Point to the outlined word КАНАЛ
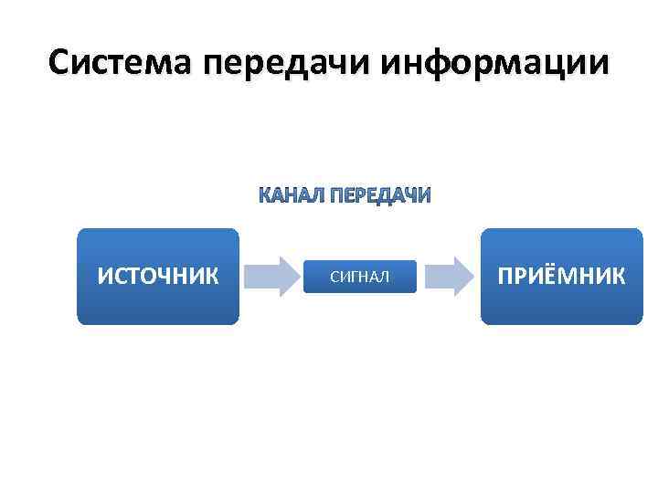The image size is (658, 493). point(290,196)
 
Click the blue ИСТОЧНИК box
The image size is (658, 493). point(157,277)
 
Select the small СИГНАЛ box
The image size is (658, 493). point(359,277)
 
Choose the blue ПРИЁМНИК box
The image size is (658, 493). point(560,277)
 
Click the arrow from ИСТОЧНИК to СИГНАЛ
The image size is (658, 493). point(271,277)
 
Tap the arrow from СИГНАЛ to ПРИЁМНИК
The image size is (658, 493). point(448,277)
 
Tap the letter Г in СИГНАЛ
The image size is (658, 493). point(351,277)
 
